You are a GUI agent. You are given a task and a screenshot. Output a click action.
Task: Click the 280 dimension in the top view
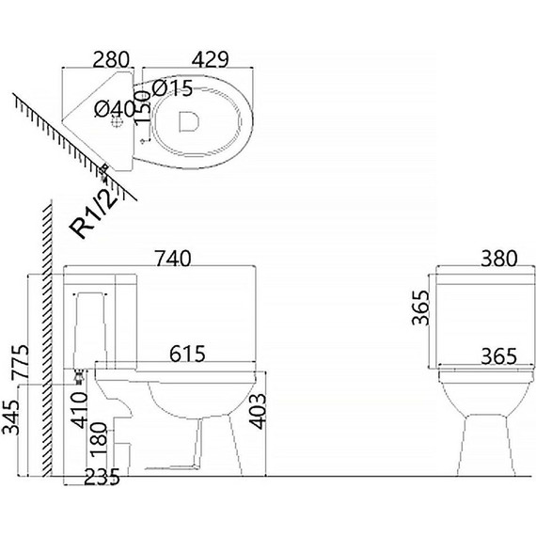pyautogui.click(x=111, y=60)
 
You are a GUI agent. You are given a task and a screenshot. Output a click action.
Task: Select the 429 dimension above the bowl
pyautogui.click(x=210, y=60)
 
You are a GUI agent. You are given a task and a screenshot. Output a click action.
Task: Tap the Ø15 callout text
pyautogui.click(x=173, y=89)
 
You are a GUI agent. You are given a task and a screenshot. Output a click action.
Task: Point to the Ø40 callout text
pyautogui.click(x=115, y=109)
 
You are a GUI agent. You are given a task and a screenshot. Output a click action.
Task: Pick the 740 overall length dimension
pyautogui.click(x=173, y=259)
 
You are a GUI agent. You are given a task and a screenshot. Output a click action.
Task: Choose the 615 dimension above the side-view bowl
pyautogui.click(x=188, y=354)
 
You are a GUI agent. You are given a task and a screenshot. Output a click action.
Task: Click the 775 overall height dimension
pyautogui.click(x=20, y=362)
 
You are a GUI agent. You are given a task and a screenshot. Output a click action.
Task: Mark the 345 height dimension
pyautogui.click(x=10, y=417)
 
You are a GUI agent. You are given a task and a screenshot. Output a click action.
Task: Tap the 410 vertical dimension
pyautogui.click(x=79, y=410)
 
